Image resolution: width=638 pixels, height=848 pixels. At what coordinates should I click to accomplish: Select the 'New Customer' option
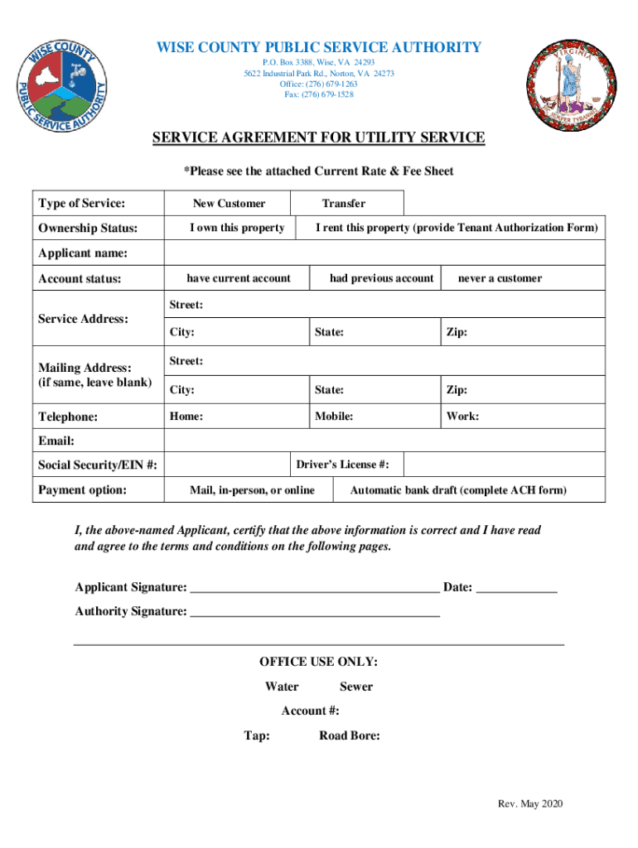(229, 204)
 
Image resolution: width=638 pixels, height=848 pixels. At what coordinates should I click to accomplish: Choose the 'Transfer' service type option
(343, 204)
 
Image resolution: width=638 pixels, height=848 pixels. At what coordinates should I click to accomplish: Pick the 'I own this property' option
(237, 228)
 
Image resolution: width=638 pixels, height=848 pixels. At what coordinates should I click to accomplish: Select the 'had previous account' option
(381, 278)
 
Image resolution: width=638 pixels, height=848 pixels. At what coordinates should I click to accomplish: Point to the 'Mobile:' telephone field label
(334, 417)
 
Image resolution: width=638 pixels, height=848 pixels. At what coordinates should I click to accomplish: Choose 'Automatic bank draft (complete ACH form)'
(458, 490)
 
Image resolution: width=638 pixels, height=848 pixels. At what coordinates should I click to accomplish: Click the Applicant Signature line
(315, 590)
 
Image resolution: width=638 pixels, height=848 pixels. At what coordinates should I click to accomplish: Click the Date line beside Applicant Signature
(517, 590)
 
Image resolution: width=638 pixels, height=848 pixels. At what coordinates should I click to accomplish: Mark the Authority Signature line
(315, 614)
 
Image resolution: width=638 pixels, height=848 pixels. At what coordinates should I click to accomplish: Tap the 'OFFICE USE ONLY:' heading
(318, 662)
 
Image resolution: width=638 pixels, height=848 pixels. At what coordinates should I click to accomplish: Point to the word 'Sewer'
(355, 687)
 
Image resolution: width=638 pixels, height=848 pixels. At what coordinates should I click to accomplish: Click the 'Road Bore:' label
(349, 735)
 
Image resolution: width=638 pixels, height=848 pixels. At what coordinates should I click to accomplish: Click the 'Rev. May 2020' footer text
(529, 805)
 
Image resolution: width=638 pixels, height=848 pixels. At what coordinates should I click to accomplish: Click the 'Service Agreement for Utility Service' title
(318, 138)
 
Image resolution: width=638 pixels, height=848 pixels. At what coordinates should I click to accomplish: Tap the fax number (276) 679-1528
(318, 94)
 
